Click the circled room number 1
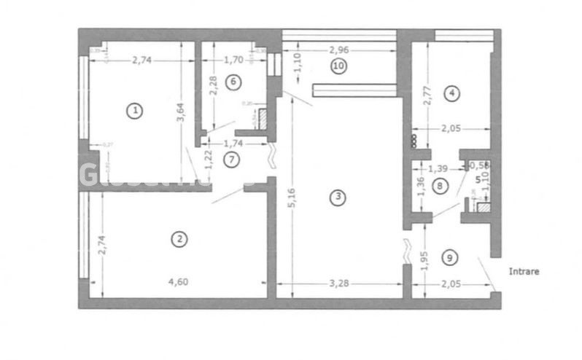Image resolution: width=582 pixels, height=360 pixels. [133, 111]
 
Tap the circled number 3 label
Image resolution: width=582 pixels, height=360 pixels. [336, 197]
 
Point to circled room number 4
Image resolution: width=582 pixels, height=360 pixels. [452, 93]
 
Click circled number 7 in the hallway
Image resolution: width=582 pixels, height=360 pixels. [230, 160]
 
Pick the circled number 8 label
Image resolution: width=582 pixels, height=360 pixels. [438, 186]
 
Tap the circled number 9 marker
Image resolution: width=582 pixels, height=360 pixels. [450, 257]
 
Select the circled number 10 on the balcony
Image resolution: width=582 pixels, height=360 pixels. [338, 66]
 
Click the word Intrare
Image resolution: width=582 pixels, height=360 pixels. [525, 273]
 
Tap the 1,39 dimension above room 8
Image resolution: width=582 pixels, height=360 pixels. [438, 168]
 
